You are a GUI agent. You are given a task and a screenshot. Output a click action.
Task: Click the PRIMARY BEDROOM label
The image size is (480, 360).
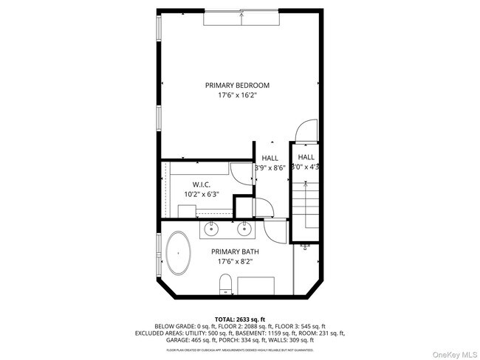click(x=237, y=86)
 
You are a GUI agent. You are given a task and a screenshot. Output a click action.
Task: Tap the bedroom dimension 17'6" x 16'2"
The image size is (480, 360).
click(x=237, y=96)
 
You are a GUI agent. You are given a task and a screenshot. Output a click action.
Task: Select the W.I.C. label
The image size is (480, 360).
click(x=202, y=184)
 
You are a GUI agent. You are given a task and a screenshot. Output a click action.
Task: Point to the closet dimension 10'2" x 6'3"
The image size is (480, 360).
click(x=202, y=194)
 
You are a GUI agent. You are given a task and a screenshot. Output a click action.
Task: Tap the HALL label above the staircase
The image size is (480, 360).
click(x=306, y=157)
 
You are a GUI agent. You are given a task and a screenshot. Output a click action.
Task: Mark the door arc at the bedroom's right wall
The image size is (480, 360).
click(x=307, y=134)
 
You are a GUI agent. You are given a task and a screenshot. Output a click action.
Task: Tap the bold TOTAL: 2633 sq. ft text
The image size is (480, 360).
click(x=240, y=317)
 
